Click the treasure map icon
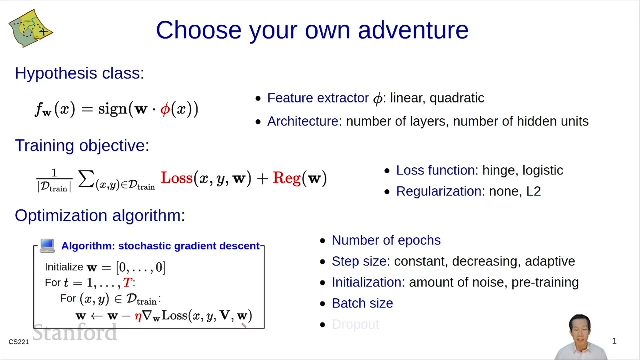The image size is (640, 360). click(31, 28)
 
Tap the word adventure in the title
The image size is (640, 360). click(413, 30)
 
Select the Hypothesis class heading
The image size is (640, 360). click(79, 73)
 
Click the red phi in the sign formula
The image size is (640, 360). click(165, 109)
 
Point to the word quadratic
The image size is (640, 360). click(457, 99)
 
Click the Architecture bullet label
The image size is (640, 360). click(303, 121)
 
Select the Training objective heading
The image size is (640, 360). click(82, 145)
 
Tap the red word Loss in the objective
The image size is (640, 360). click(177, 178)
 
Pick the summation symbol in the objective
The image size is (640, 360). click(86, 179)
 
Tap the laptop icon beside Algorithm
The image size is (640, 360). click(47, 245)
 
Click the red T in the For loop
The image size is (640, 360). click(127, 283)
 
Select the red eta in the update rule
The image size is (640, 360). click(138, 316)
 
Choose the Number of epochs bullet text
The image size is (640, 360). click(386, 240)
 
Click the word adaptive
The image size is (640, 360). click(550, 262)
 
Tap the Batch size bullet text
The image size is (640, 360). click(362, 303)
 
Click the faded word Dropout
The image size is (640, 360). click(355, 324)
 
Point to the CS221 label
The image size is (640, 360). click(19, 342)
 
